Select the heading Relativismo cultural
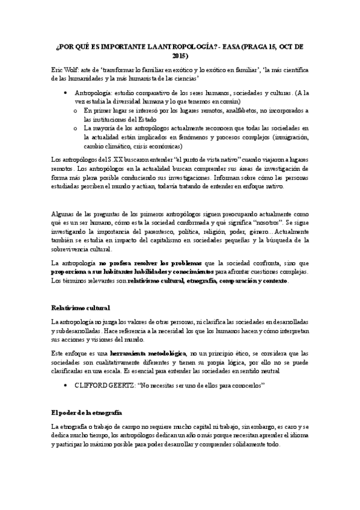(81, 308)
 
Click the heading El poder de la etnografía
(87, 413)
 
